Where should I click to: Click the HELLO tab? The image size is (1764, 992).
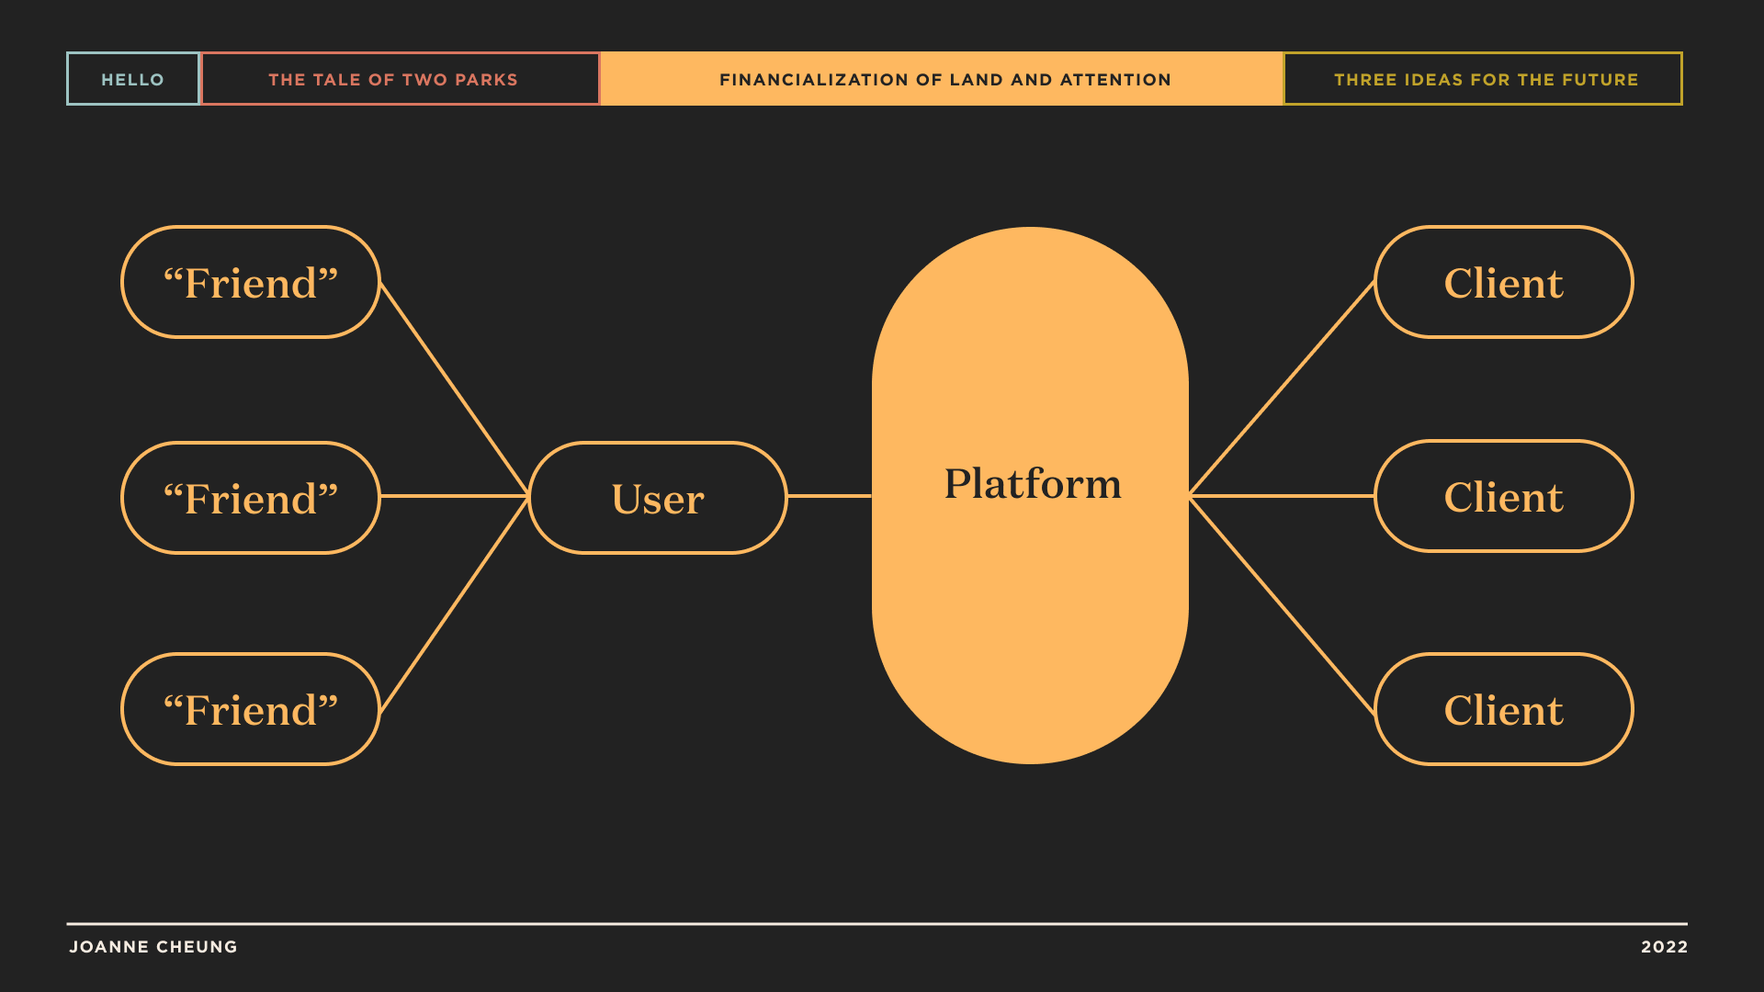pos(133,79)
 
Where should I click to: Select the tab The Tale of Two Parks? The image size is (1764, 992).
pos(401,79)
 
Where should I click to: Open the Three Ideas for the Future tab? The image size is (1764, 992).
pos(1483,79)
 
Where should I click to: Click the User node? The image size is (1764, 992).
pos(658,498)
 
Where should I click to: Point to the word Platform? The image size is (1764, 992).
pos(1033,484)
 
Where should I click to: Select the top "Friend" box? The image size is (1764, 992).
pos(251,282)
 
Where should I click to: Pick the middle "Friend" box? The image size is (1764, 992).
pos(251,498)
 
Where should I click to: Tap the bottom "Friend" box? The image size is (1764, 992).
pos(251,709)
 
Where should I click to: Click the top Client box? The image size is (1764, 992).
pos(1504,282)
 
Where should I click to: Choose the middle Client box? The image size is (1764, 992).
pos(1504,496)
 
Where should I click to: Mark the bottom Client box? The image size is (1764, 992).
pos(1504,709)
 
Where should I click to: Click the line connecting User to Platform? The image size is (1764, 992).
pos(830,496)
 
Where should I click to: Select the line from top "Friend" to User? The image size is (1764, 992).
pos(455,390)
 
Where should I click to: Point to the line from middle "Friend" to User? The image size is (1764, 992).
pos(455,496)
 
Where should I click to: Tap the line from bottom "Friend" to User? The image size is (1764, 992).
pos(455,603)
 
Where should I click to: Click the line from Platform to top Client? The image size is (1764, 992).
pos(1282,389)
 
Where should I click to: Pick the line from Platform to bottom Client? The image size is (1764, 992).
pos(1282,604)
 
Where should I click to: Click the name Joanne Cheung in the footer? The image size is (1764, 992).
pos(153,947)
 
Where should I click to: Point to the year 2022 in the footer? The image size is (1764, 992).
pos(1665,947)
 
